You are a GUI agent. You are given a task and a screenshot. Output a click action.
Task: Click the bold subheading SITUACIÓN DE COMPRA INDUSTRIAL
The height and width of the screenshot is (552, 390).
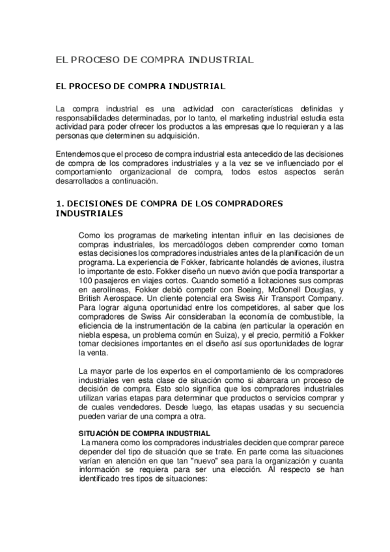[135, 433]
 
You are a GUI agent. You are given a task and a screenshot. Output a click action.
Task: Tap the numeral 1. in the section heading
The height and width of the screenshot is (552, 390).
[61, 203]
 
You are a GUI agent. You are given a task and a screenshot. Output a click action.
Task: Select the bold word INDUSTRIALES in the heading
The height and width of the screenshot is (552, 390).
[89, 213]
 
